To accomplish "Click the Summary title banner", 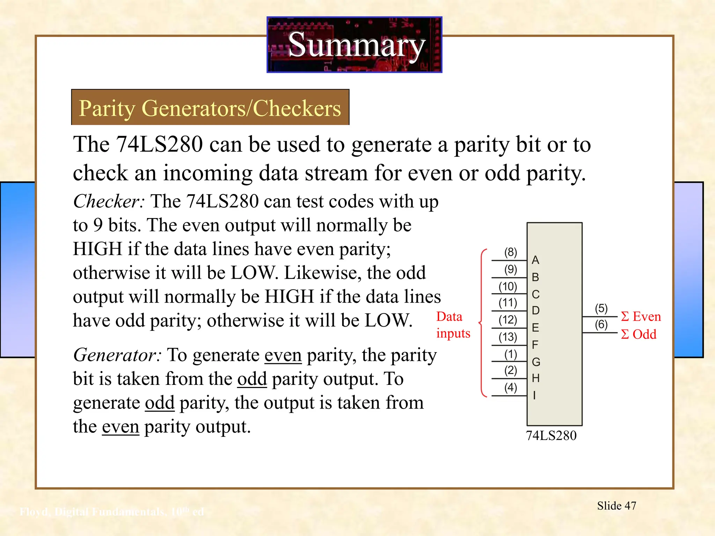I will point(354,45).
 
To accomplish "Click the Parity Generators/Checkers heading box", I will point(210,107).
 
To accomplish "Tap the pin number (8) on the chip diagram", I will point(510,252).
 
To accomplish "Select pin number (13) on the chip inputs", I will point(508,337).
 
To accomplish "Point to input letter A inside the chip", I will point(535,260).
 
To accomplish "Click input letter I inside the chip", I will point(534,395).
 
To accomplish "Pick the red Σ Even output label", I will point(641,317).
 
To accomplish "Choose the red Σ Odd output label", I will point(639,334).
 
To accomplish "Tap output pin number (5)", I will point(601,308).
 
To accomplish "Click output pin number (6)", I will point(601,325).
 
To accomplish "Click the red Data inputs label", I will point(453,325).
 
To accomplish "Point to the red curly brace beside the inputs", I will point(482,323).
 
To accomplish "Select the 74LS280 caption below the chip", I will point(551,435).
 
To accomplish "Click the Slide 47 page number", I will point(617,506).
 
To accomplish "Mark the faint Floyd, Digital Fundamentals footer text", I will point(112,512).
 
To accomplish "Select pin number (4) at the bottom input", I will point(510,387).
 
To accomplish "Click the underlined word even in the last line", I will point(120,427).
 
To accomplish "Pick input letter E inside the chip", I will point(535,328).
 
